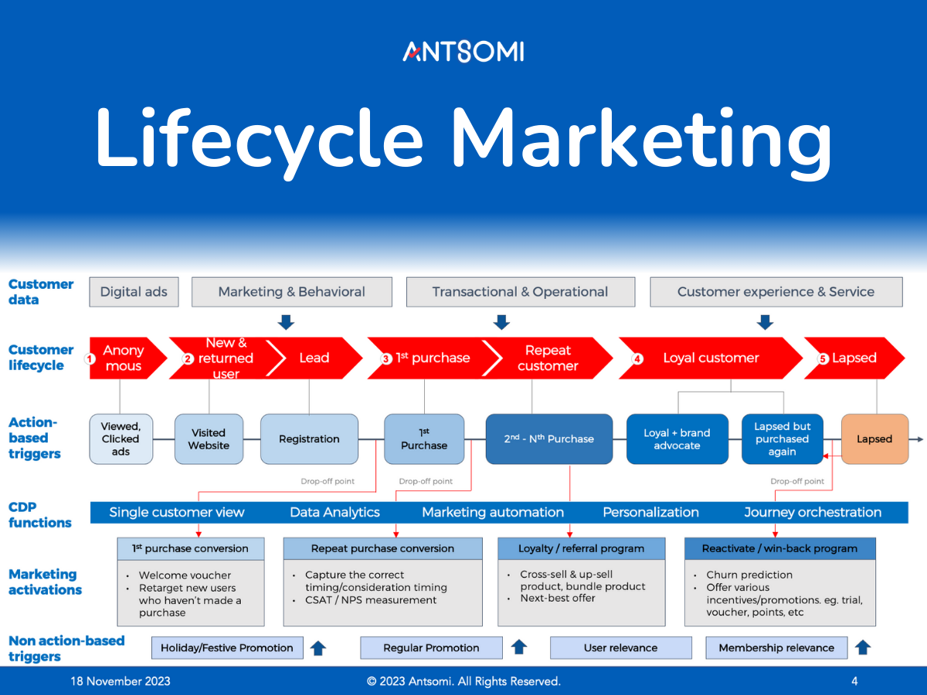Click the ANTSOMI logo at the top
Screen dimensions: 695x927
[463, 52]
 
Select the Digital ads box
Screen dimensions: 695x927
[134, 292]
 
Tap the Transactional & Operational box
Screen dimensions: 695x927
[520, 292]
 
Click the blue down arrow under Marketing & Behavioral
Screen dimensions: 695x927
[286, 321]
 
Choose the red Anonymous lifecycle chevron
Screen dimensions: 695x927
[124, 358]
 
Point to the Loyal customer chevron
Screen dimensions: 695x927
[711, 358]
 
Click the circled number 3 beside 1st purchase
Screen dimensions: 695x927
[386, 359]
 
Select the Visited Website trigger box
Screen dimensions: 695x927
[209, 439]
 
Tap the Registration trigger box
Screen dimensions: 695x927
[309, 439]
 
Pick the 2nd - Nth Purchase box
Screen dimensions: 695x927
[549, 439]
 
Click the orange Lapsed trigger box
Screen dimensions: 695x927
[874, 439]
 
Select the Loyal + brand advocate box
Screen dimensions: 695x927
[677, 439]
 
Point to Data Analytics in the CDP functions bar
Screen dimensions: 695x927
[334, 512]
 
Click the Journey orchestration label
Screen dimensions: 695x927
[813, 512]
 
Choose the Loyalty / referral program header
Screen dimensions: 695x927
[582, 548]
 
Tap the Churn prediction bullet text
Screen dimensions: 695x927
[739, 575]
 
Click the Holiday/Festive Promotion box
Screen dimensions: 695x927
[227, 648]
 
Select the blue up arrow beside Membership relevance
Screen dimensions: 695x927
[863, 647]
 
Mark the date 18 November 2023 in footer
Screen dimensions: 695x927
[121, 681]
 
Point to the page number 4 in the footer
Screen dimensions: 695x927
[854, 681]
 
